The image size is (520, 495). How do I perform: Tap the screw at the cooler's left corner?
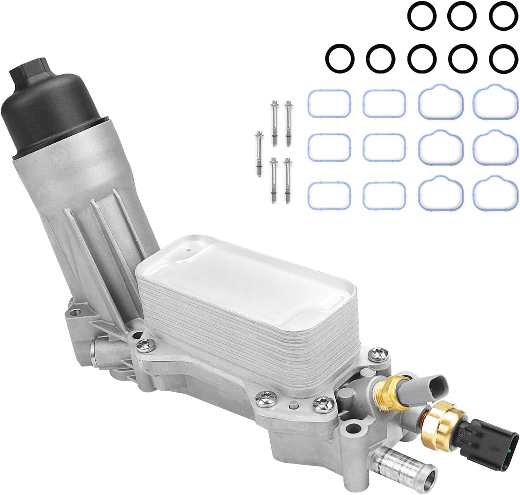pos(145,343)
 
